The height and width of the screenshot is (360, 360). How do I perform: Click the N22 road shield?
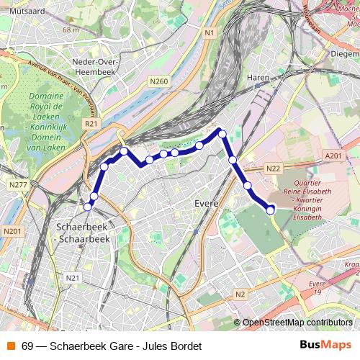tap(273, 168)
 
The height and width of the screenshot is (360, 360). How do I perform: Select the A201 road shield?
tap(333, 156)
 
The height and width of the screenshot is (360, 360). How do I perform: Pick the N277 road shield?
tap(18, 186)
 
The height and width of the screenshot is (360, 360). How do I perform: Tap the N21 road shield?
tap(73, 278)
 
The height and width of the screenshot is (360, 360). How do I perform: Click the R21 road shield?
tap(91, 124)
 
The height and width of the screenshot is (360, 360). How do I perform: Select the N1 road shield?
tap(210, 33)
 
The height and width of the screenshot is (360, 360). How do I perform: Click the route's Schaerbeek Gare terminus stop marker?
tap(88, 207)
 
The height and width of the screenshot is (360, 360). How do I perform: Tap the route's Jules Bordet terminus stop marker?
tap(271, 210)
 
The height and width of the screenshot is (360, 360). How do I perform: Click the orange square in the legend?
tap(11, 346)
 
